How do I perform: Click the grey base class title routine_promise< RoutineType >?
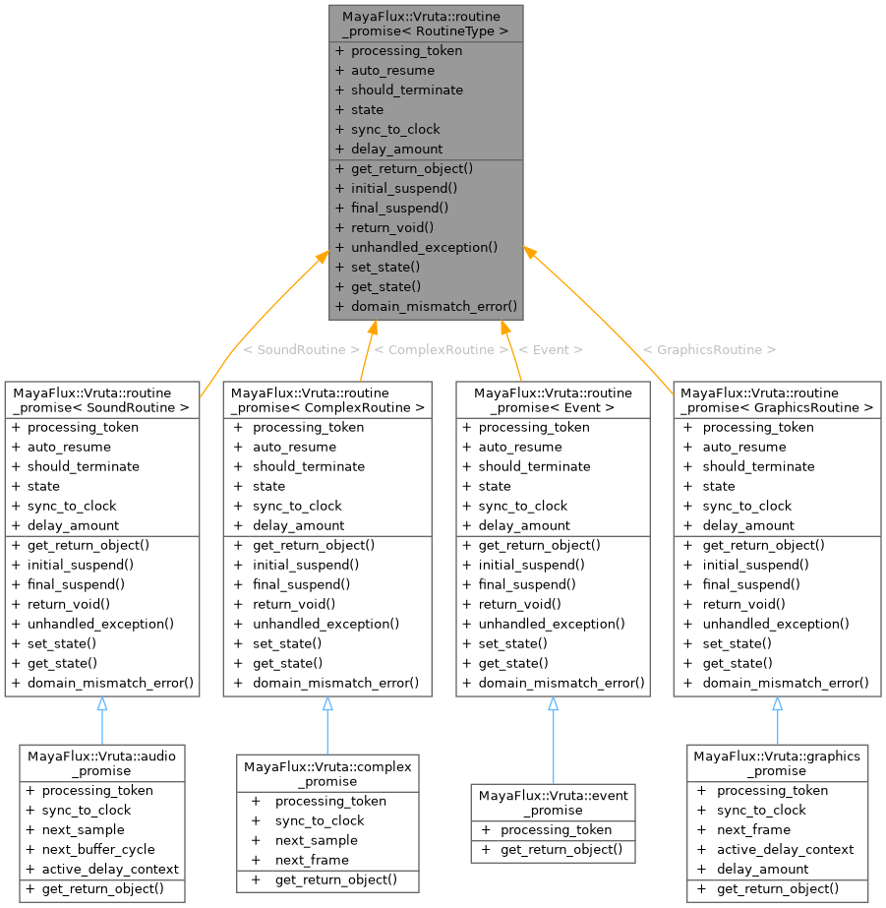point(425,25)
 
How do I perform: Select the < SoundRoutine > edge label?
point(301,349)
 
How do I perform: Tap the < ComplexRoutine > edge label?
point(442,349)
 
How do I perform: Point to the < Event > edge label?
point(551,349)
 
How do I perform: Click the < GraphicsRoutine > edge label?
point(709,349)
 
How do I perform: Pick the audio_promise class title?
point(102,763)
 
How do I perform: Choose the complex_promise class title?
point(327,773)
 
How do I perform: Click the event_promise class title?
point(553,803)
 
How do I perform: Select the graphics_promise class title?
point(777,763)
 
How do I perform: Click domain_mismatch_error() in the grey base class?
point(434,306)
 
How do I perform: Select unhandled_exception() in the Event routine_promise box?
point(552,624)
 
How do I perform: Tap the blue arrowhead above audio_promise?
point(102,704)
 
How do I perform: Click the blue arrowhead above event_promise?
point(553,704)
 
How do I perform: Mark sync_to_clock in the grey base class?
point(395,129)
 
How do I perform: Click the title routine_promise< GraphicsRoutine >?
point(777,399)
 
